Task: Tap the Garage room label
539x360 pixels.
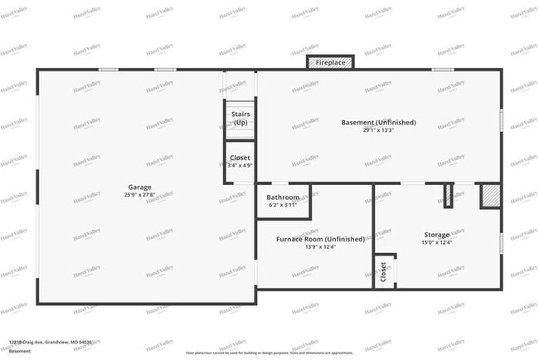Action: coord(139,187)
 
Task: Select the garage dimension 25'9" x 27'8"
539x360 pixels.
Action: coord(139,195)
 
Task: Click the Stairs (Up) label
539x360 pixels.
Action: coord(240,118)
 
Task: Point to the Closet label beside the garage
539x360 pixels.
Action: coord(240,157)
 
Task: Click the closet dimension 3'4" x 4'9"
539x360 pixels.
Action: coord(240,165)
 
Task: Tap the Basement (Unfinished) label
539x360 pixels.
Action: coord(378,123)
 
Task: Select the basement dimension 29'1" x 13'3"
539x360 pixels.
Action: coord(378,130)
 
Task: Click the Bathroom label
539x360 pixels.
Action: coord(282,197)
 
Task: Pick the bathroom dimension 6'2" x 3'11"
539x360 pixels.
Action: coord(282,205)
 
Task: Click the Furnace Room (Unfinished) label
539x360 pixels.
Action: coord(320,239)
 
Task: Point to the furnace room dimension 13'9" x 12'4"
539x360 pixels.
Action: coord(320,246)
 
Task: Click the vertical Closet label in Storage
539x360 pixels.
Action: coord(383,272)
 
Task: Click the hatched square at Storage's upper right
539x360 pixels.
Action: coord(490,195)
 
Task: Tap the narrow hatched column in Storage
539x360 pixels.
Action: coord(449,195)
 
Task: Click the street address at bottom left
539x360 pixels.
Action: coord(51,341)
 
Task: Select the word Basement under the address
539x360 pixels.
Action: coord(21,351)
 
